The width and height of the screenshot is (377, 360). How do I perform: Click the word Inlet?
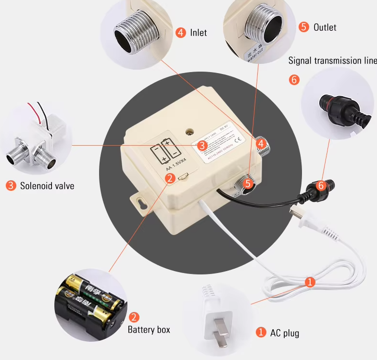198,33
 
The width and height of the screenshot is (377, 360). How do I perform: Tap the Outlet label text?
325,27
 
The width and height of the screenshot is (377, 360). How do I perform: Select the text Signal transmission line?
332,61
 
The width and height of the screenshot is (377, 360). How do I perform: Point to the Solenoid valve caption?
47,186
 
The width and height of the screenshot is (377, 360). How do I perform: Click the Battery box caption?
149,330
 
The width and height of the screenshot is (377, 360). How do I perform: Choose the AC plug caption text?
284,333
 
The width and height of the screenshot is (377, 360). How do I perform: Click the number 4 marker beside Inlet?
181,33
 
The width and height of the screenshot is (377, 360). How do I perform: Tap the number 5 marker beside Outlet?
303,27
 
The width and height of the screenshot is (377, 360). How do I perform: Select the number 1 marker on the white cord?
310,282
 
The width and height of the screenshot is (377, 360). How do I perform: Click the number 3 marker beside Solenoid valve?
11,186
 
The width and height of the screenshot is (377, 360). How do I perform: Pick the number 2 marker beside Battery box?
135,317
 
